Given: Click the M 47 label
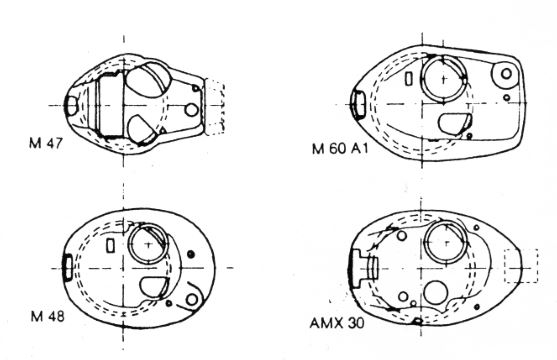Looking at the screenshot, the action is (45, 143).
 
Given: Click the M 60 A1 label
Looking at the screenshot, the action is (340, 148).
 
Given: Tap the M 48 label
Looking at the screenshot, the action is (47, 316).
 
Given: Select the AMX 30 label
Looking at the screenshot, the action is (337, 323).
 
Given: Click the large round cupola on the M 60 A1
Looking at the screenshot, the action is (422, 79).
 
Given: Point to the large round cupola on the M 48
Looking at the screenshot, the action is (129, 244).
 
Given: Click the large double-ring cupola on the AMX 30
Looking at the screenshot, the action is (425, 242).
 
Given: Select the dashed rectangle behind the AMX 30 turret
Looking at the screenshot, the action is (521, 250).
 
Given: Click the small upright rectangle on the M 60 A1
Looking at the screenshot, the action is (409, 79).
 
